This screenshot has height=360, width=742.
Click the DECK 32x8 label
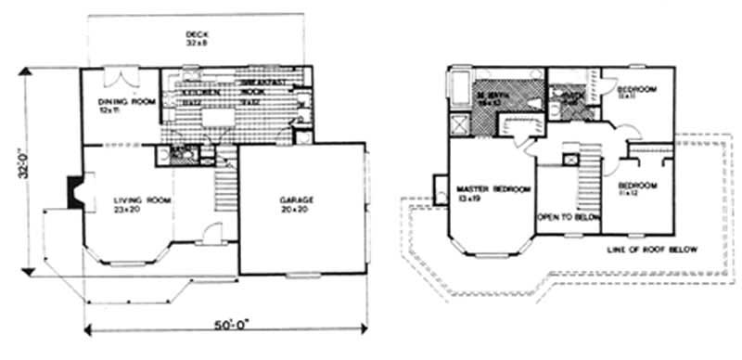195,38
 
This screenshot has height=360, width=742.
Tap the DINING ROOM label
118,105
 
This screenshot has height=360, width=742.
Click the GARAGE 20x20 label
298,204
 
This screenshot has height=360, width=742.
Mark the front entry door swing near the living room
211,234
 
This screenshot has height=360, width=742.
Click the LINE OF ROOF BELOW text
654,251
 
